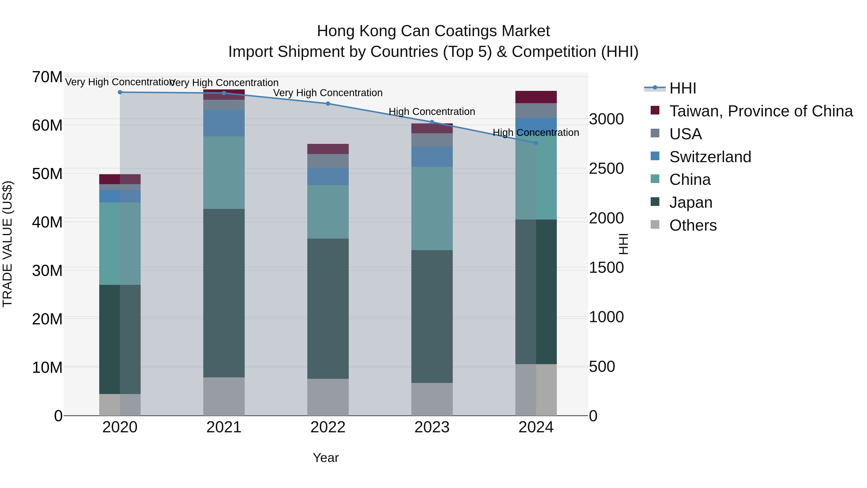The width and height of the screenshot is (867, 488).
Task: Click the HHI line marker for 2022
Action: (328, 104)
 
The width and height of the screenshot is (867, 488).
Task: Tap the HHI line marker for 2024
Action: (536, 143)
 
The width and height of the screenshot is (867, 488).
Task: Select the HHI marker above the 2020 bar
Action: (120, 92)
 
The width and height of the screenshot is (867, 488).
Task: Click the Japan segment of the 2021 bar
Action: (224, 293)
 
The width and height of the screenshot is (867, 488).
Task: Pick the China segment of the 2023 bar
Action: (432, 208)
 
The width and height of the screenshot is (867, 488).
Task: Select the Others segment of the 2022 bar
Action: (328, 397)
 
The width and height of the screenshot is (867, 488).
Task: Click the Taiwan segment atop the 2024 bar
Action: (536, 97)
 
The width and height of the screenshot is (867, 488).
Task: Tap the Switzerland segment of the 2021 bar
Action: (224, 123)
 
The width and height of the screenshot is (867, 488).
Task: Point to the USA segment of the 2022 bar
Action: (328, 161)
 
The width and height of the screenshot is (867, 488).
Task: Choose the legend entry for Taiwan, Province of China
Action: (761, 111)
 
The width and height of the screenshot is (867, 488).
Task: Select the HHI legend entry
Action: (682, 88)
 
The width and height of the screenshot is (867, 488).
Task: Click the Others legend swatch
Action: (655, 225)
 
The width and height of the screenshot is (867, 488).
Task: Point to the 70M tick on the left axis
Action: (47, 77)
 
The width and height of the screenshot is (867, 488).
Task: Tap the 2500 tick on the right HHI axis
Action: (606, 169)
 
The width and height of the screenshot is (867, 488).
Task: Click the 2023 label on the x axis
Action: (432, 427)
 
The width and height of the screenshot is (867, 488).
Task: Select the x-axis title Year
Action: (325, 458)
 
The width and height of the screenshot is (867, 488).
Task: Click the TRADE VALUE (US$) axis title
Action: (7, 244)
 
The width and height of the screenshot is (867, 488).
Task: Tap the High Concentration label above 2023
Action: (432, 112)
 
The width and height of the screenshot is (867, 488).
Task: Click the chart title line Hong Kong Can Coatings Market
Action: (433, 31)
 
